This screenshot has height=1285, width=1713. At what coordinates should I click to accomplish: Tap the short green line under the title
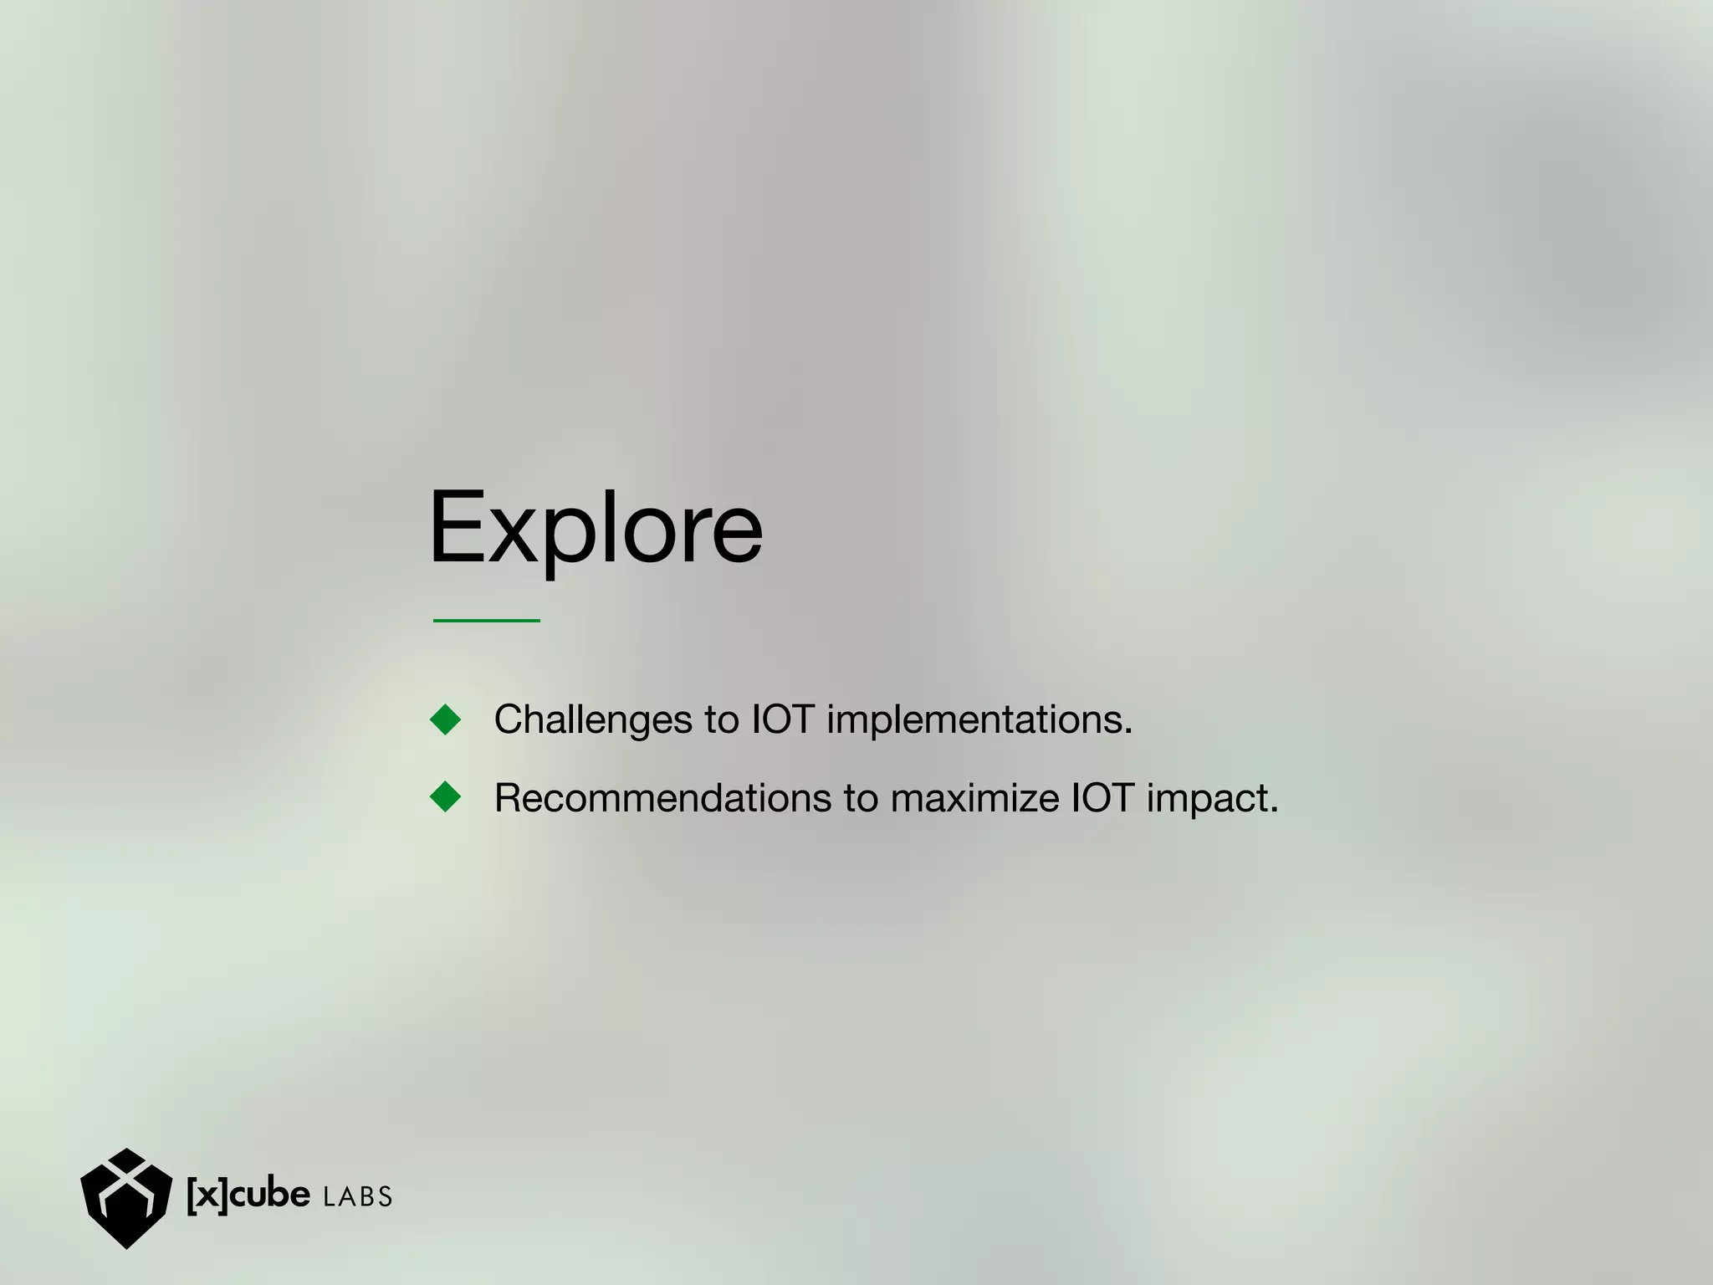point(486,620)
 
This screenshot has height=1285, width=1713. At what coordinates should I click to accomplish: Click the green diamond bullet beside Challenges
point(445,719)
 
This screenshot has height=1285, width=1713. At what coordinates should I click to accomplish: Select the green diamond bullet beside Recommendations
point(445,797)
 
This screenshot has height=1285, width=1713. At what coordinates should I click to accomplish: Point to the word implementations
point(979,719)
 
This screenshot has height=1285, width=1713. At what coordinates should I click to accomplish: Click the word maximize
point(974,798)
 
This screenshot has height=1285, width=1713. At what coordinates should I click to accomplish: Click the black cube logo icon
point(125,1197)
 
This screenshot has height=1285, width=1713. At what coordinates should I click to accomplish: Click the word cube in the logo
point(269,1195)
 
